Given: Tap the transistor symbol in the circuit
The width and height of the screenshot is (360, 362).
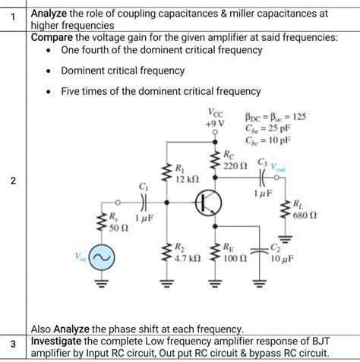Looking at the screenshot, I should [x=206, y=203].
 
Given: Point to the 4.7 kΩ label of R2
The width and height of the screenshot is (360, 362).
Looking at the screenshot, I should [x=188, y=258].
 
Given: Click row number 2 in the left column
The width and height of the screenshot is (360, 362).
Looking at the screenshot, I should [x=14, y=180].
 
